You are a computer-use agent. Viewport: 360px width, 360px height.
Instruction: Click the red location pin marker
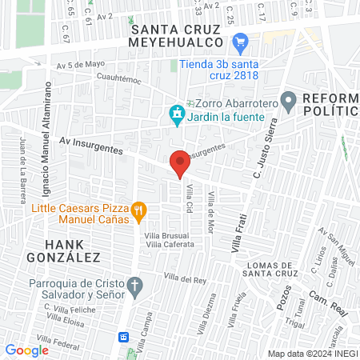pos(180,162)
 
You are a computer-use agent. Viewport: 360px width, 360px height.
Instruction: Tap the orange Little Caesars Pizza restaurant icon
pos(138,211)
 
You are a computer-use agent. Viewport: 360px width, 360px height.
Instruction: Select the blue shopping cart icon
pos(238,41)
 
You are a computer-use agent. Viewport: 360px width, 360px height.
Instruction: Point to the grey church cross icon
pos(136,285)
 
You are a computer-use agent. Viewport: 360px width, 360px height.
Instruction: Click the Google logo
pos(26,350)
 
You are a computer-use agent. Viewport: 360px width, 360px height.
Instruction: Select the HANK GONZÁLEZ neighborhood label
pos(73,250)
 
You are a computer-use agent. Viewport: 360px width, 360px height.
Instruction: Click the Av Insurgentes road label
pos(91,145)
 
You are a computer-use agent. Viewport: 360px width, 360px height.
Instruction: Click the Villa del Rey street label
pos(186,278)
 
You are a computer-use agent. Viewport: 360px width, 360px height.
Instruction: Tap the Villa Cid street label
pos(190,194)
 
